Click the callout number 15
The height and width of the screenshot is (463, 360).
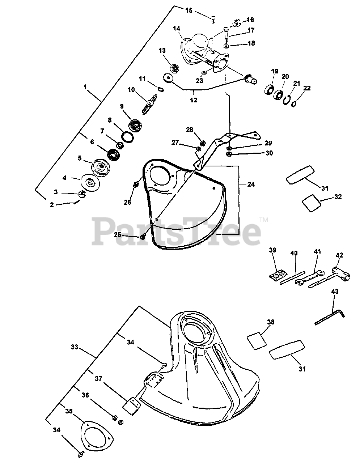(x=189, y=10)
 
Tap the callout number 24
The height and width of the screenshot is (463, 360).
(x=250, y=184)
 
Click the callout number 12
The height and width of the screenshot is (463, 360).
(x=194, y=99)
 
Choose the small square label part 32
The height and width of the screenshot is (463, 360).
(x=311, y=204)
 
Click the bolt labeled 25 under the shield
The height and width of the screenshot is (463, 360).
(x=143, y=236)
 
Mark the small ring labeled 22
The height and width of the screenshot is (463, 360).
(x=294, y=103)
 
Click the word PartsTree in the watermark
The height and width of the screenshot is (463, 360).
(x=177, y=230)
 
